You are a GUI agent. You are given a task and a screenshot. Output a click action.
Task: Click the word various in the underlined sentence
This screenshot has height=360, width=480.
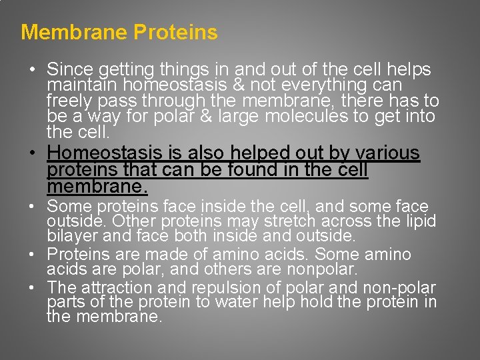(x=383, y=153)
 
